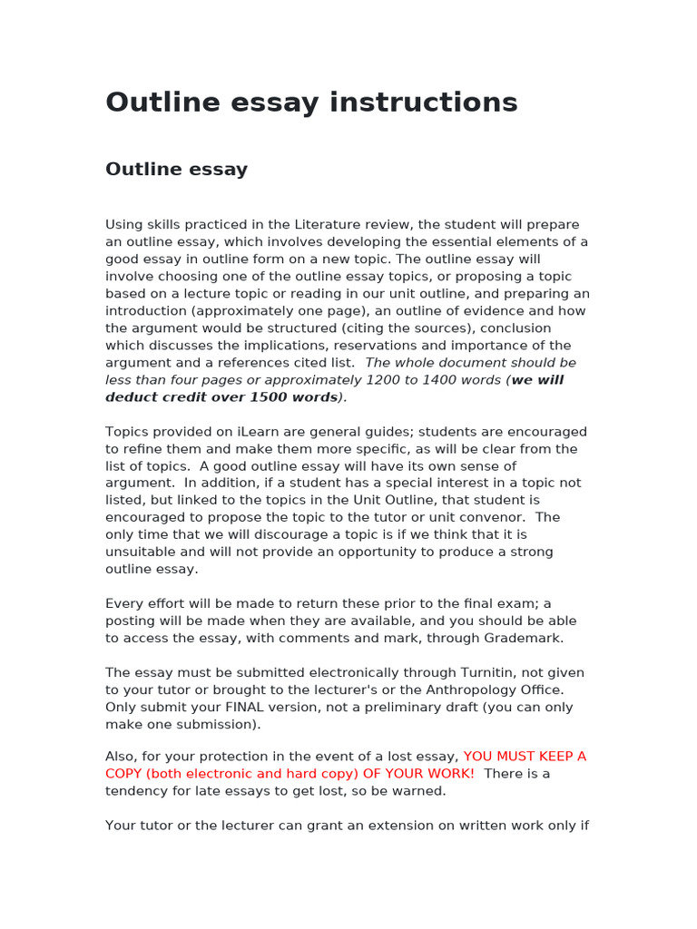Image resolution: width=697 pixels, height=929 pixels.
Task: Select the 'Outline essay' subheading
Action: click(176, 170)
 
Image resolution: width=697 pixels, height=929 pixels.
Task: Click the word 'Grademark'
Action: click(525, 639)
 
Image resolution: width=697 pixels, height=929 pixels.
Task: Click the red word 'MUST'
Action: click(519, 757)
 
